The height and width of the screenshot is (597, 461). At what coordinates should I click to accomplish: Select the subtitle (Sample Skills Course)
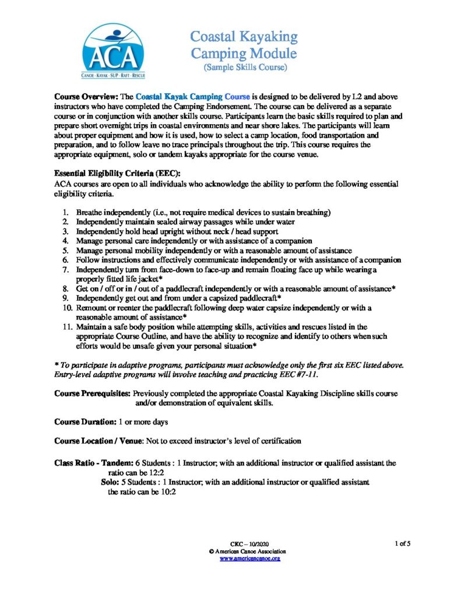[244, 68]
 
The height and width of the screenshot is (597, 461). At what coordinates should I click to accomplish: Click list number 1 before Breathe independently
[65, 213]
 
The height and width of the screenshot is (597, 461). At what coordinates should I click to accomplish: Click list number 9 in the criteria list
[65, 298]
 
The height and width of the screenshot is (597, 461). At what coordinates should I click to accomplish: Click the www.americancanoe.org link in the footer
[250, 559]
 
